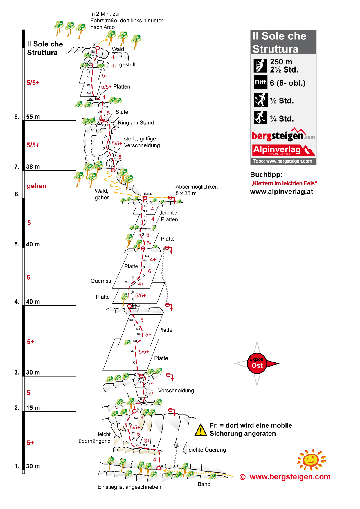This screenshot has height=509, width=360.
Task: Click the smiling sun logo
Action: click(x=311, y=460)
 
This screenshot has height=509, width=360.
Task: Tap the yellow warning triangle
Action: click(x=201, y=430)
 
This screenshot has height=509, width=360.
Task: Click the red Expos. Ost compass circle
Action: click(x=257, y=363)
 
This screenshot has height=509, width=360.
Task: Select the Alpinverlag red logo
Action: click(x=283, y=150)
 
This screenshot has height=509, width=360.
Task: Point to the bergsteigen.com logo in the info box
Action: click(x=283, y=135)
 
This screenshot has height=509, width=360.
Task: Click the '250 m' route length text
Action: click(x=281, y=62)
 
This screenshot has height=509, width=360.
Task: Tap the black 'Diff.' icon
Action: click(x=260, y=82)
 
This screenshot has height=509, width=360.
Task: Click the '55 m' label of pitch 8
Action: click(x=33, y=117)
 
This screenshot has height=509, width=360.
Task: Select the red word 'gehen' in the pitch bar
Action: click(x=37, y=186)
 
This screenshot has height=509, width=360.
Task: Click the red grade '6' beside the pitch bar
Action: click(x=28, y=277)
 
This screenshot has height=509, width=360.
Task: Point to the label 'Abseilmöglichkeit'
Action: click(x=196, y=187)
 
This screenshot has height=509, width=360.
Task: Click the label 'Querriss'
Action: click(x=101, y=281)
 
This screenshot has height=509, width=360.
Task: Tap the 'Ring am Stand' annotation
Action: click(x=136, y=123)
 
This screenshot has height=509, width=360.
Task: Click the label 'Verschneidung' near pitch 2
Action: click(x=176, y=391)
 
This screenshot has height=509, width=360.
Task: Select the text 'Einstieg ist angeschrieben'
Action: click(x=129, y=487)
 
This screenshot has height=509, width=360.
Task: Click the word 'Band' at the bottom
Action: click(x=204, y=484)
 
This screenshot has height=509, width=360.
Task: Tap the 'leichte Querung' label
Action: click(x=206, y=450)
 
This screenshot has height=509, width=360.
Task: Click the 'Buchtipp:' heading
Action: click(x=266, y=175)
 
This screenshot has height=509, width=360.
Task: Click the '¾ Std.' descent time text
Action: click(x=282, y=119)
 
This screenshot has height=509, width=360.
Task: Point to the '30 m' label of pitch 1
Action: click(x=33, y=466)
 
